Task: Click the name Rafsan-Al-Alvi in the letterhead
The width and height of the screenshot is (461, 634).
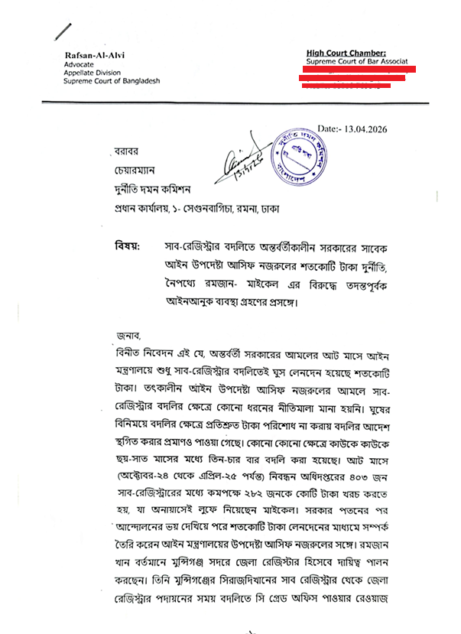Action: click(x=93, y=55)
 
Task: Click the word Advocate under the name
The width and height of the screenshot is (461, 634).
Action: click(x=79, y=64)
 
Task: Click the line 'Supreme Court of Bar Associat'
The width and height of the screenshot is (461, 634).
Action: click(x=357, y=60)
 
